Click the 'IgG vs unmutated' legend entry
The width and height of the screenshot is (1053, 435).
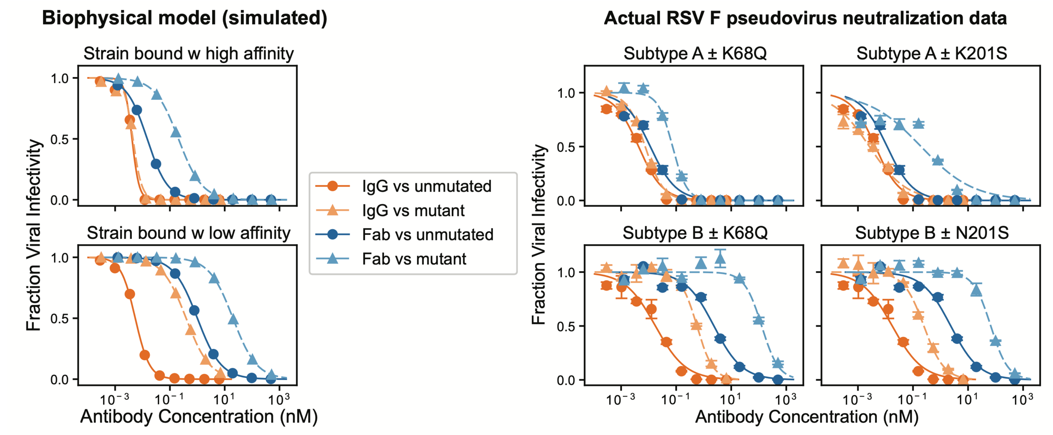click(426, 186)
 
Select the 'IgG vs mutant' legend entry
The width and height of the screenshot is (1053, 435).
click(413, 211)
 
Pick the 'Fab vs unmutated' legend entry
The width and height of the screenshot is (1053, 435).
click(428, 235)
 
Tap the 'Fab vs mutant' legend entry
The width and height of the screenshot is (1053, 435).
click(414, 259)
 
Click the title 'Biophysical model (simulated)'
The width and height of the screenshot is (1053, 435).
click(184, 19)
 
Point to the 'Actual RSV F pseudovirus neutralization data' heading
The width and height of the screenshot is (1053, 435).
click(805, 19)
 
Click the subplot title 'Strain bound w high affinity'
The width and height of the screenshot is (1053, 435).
click(188, 54)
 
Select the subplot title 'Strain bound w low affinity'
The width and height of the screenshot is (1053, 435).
click(188, 233)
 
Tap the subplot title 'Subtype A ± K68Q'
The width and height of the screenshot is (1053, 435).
click(695, 54)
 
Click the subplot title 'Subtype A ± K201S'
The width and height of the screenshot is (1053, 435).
click(932, 54)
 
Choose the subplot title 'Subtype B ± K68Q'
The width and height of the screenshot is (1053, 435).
click(695, 233)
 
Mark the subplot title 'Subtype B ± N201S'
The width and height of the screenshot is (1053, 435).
click(932, 233)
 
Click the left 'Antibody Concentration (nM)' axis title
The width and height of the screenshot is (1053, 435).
click(199, 417)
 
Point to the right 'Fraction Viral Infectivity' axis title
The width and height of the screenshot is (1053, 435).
click(539, 234)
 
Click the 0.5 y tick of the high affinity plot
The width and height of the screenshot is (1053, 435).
click(60, 139)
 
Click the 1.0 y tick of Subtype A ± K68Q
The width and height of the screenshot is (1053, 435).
click(566, 93)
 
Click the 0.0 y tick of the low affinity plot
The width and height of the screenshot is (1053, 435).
click(60, 380)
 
